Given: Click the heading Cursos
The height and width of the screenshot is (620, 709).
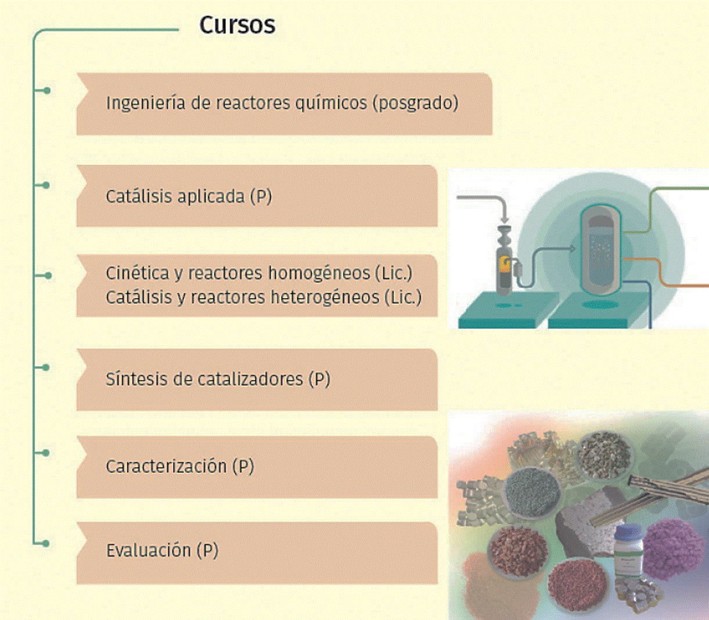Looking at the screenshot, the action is point(237,25).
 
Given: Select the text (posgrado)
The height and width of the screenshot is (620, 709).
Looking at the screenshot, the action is point(415,103).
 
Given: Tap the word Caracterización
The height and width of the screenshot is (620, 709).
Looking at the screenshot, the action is point(166,466).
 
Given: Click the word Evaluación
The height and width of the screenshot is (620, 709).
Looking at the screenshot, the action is point(149,550).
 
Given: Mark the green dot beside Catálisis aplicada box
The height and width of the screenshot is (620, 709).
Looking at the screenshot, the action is point(46,185).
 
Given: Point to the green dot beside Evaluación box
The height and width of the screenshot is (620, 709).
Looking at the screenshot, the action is point(46,543).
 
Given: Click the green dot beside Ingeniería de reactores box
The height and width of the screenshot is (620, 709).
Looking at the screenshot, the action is point(46,91).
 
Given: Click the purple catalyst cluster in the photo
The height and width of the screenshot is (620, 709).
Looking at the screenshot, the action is point(674,549).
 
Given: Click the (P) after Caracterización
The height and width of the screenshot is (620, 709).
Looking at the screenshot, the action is point(243,466).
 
